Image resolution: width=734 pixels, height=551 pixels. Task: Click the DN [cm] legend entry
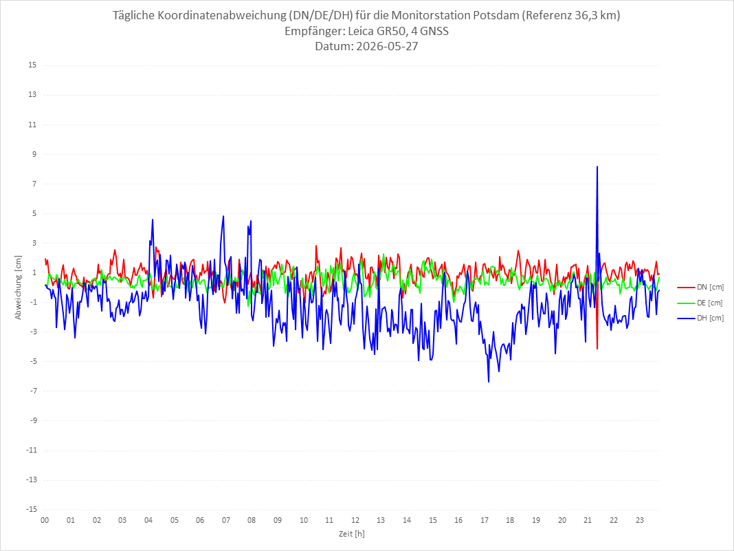[700, 288]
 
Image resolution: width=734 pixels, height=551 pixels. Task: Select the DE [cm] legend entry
[700, 303]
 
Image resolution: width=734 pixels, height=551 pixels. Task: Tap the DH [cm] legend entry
[700, 318]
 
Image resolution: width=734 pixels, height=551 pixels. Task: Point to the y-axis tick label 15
[32, 65]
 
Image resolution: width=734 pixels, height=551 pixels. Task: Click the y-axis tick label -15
[32, 509]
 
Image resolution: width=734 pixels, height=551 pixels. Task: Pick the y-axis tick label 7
[34, 184]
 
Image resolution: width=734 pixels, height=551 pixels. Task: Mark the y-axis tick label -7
[33, 391]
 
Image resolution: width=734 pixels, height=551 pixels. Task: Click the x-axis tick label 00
[45, 520]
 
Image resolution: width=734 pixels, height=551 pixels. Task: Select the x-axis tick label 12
[355, 520]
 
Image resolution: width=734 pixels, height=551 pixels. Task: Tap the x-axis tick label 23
[640, 520]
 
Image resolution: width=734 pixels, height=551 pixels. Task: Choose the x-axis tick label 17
[485, 520]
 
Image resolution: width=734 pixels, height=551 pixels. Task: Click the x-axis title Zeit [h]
[352, 534]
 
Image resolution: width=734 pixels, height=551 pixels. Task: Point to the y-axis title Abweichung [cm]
[19, 288]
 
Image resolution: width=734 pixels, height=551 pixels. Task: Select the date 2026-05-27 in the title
[387, 46]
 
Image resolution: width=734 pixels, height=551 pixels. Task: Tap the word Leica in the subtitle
[362, 32]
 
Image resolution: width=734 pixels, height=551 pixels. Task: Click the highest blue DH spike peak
[597, 166]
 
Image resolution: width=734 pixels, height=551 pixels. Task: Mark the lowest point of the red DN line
[597, 349]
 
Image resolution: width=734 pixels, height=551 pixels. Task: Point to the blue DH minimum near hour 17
[489, 382]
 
